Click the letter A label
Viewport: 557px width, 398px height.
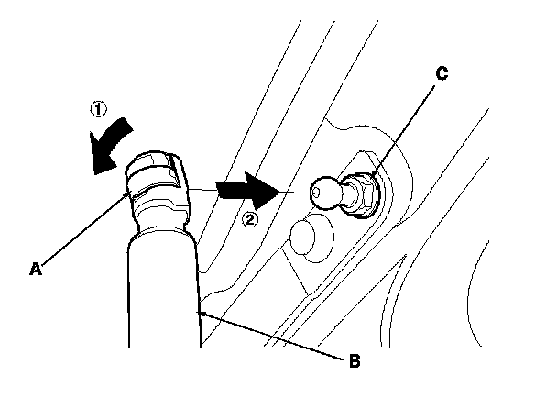[36, 269]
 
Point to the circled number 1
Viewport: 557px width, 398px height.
[98, 108]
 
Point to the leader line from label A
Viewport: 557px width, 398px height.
[82, 229]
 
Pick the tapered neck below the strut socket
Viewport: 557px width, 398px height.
[162, 221]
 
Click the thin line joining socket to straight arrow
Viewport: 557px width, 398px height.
[203, 188]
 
